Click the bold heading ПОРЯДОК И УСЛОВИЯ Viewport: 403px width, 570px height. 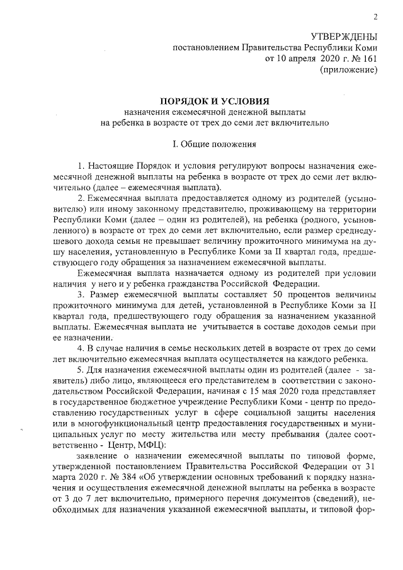point(215,101)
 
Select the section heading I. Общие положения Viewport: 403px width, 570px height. point(215,144)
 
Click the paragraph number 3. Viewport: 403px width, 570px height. point(80,294)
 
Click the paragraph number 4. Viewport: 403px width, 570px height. point(80,348)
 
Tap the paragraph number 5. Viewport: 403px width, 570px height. point(80,370)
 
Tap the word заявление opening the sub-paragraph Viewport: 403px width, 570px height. point(98,456)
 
